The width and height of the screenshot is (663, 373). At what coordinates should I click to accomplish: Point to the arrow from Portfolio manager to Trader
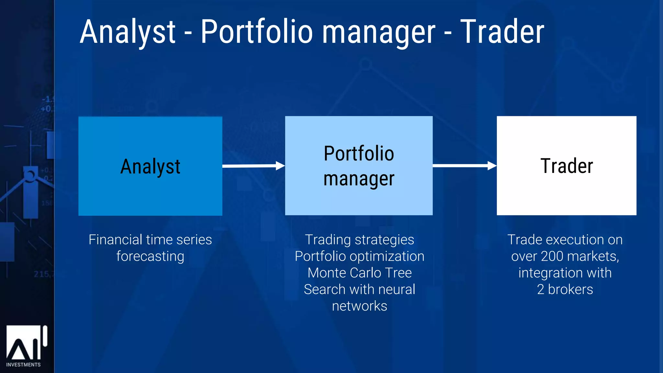point(464,165)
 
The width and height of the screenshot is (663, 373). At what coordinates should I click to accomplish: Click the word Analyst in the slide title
point(128,32)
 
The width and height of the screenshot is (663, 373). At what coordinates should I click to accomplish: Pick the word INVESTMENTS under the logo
point(23,365)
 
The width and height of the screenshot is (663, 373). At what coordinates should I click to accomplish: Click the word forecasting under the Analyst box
point(150,256)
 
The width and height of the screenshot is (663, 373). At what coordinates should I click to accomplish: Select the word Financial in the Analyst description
point(115,240)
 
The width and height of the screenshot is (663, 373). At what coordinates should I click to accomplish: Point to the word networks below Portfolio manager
point(359,306)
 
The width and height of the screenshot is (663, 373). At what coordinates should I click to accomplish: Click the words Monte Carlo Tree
point(359,273)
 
